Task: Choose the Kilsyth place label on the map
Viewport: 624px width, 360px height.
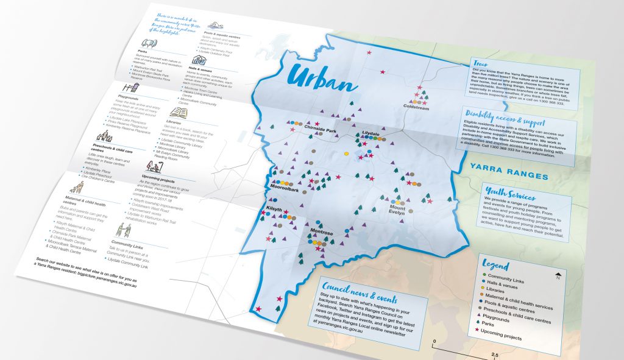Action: [275, 209]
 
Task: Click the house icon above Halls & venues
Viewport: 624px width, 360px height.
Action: [199, 59]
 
